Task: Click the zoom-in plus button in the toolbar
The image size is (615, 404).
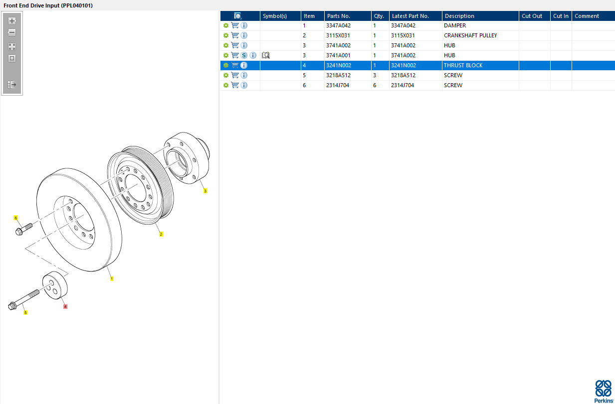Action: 12,21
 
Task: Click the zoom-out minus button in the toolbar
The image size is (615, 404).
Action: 12,33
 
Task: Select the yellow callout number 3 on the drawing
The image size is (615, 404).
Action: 205,191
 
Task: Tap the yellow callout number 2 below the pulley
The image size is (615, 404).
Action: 161,234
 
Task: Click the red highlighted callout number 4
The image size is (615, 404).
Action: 65,306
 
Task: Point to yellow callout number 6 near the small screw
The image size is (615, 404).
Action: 15,218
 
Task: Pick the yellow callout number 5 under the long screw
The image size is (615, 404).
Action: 25,312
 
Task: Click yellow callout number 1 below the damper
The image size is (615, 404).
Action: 111,278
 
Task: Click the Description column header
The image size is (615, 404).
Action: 459,16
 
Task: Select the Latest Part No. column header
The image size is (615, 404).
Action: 410,16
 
